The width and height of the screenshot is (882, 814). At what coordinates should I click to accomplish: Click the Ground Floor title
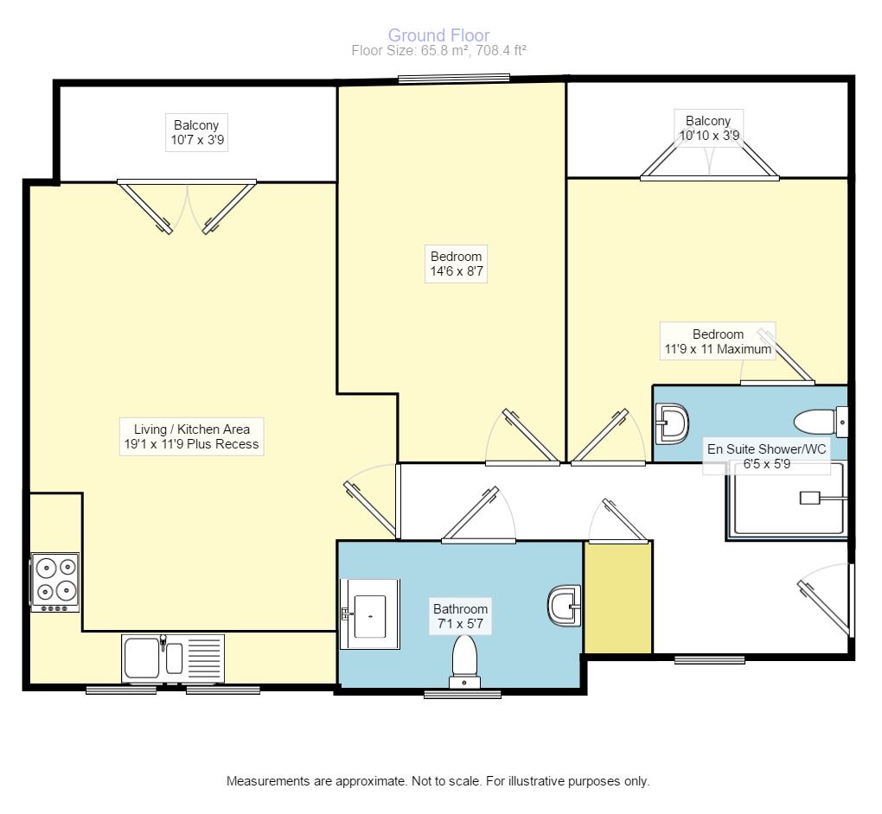click(438, 35)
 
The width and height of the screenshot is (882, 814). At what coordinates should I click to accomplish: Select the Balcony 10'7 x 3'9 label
click(197, 133)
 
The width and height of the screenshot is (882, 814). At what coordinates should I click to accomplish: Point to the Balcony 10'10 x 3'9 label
click(709, 128)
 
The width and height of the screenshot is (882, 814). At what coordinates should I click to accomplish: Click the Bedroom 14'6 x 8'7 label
click(457, 264)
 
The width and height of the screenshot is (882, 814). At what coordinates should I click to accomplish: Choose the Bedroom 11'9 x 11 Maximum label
click(718, 341)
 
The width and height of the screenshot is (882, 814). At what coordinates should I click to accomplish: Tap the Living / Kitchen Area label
click(192, 436)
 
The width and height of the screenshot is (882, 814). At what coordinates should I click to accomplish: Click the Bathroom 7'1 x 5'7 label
click(460, 616)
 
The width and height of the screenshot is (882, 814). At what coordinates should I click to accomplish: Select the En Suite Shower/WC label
click(767, 456)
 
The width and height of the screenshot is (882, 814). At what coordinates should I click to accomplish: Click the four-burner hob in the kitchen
click(55, 582)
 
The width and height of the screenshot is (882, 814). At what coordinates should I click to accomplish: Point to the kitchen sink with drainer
click(173, 658)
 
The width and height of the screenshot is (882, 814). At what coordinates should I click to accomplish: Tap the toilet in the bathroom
click(464, 662)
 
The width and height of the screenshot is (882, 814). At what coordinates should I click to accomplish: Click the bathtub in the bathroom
click(370, 614)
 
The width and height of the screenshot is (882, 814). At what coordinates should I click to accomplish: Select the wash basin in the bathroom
click(564, 606)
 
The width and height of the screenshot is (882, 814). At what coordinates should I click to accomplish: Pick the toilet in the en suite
click(821, 422)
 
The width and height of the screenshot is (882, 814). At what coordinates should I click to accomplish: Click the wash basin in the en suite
click(672, 423)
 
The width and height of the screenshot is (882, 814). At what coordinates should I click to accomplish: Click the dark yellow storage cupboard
click(618, 598)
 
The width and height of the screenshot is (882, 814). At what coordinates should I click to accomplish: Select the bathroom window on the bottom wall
click(463, 695)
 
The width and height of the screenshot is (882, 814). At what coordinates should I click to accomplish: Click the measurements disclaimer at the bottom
click(438, 781)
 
